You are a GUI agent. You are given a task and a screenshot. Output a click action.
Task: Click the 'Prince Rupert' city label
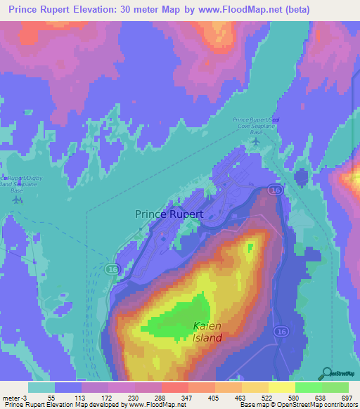(169, 214)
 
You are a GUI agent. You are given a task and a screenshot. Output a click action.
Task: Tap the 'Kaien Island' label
(208, 332)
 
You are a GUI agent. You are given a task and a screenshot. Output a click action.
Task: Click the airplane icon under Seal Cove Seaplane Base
(255, 142)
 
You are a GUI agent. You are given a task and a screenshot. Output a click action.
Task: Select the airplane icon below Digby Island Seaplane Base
(17, 200)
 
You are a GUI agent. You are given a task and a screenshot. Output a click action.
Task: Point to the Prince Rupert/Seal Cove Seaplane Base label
(257, 126)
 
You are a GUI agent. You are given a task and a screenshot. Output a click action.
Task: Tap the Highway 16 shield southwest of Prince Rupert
(112, 268)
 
